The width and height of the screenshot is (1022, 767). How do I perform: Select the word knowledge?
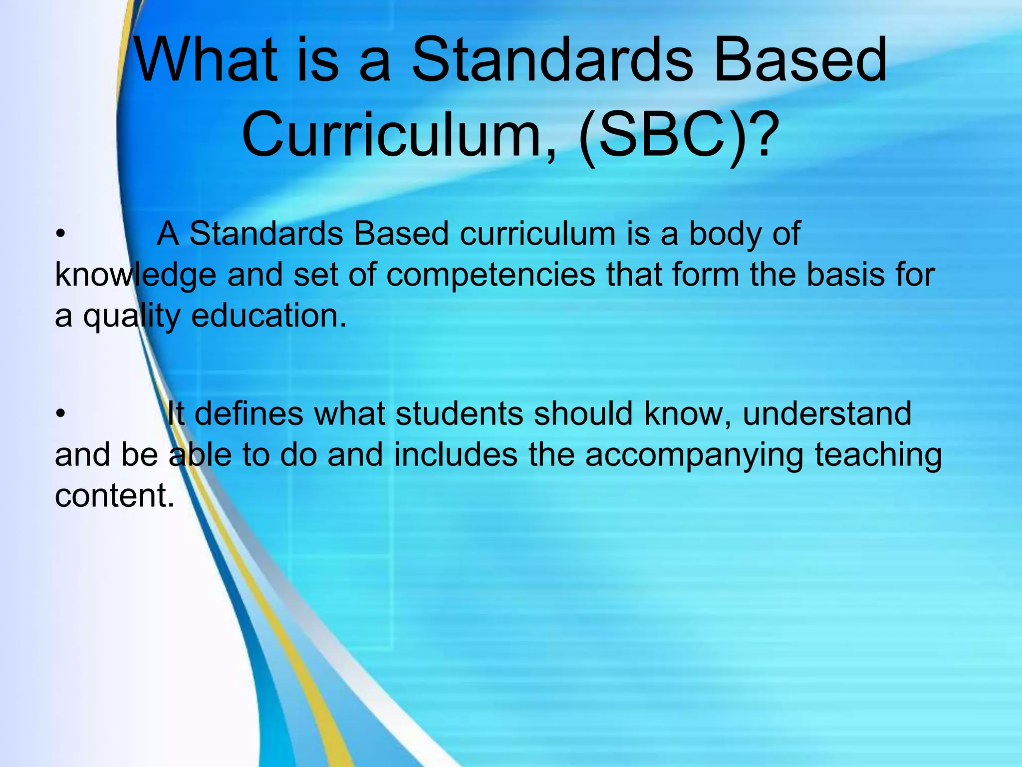[135, 276]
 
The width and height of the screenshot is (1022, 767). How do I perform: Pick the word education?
[268, 316]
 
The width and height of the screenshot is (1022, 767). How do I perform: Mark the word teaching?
[878, 456]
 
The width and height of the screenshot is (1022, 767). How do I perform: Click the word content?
[114, 495]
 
